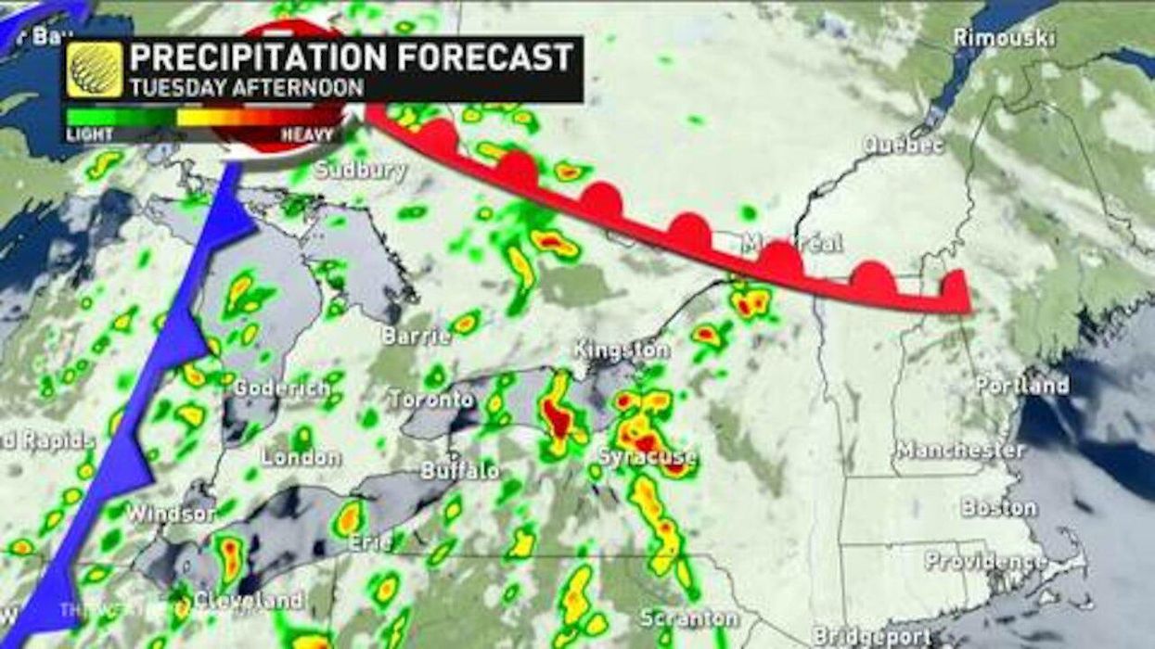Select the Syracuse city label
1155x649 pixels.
[x=647, y=457]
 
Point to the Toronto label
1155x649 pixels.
[x=430, y=400]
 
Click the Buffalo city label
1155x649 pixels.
[x=459, y=470]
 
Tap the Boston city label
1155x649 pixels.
[x=998, y=508]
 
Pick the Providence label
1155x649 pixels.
[x=985, y=561]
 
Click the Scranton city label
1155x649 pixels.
[x=689, y=617]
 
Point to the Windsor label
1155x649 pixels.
[x=171, y=512]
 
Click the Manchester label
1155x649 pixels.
[x=959, y=451]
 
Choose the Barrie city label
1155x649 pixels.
[x=416, y=336]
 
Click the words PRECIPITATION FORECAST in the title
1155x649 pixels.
[x=351, y=57]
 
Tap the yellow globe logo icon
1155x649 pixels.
[x=95, y=70]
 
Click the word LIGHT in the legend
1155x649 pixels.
[x=89, y=134]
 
